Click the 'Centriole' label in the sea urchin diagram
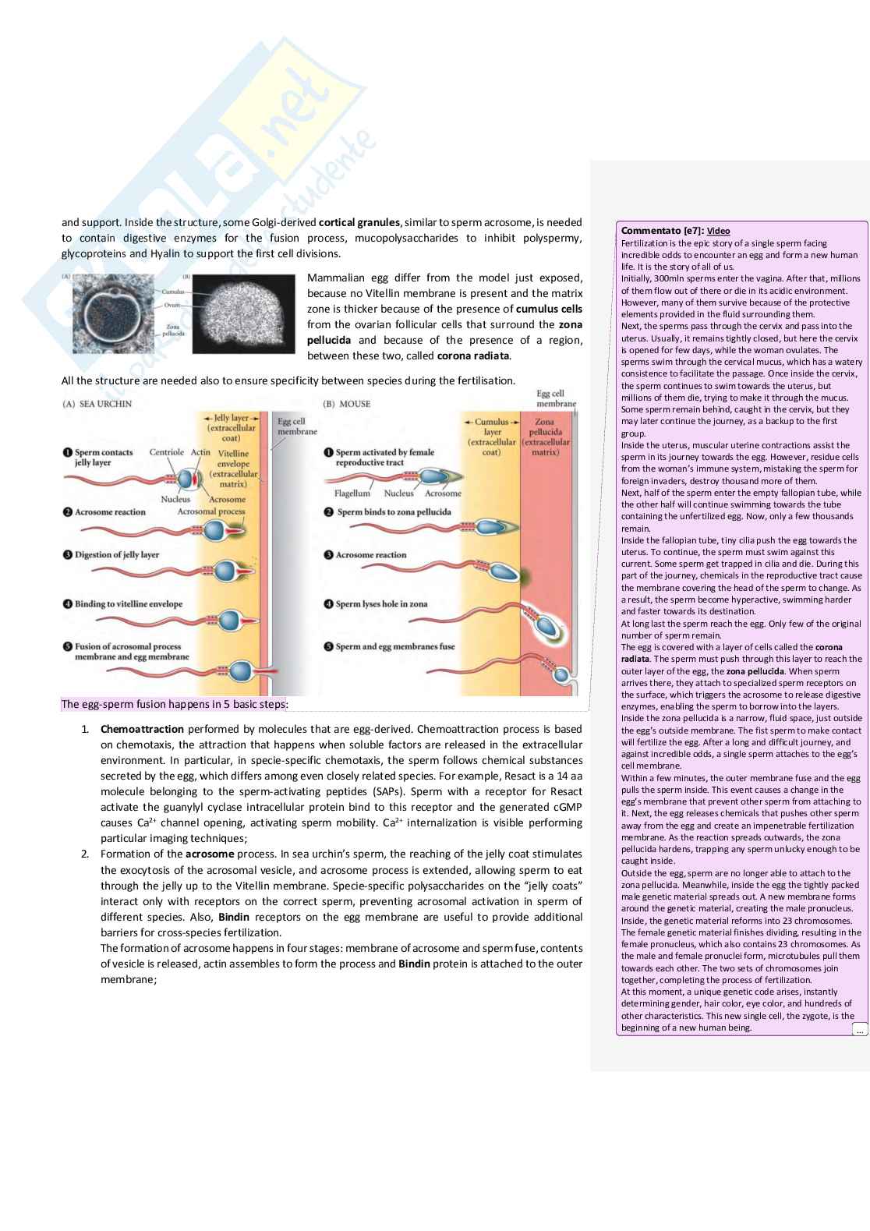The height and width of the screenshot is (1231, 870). (166, 452)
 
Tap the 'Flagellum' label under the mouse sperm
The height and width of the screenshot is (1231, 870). (352, 493)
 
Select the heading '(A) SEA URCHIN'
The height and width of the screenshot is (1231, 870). (97, 404)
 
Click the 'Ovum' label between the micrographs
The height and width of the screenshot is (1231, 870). (172, 305)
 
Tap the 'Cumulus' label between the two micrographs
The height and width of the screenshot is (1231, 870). (172, 291)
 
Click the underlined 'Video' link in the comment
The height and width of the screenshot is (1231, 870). (718, 231)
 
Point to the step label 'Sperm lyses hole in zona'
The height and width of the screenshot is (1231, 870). (381, 604)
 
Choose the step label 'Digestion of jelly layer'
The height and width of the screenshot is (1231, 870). (116, 555)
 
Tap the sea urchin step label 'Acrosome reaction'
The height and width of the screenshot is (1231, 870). (110, 512)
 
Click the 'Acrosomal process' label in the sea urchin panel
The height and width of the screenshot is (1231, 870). (210, 512)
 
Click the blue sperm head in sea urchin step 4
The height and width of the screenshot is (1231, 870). (228, 621)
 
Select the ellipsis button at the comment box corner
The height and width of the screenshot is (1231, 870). (859, 1030)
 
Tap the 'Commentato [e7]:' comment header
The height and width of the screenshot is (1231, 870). (662, 231)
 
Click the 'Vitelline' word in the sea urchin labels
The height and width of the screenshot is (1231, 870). (233, 453)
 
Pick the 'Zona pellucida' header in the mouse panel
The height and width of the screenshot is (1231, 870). (545, 427)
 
